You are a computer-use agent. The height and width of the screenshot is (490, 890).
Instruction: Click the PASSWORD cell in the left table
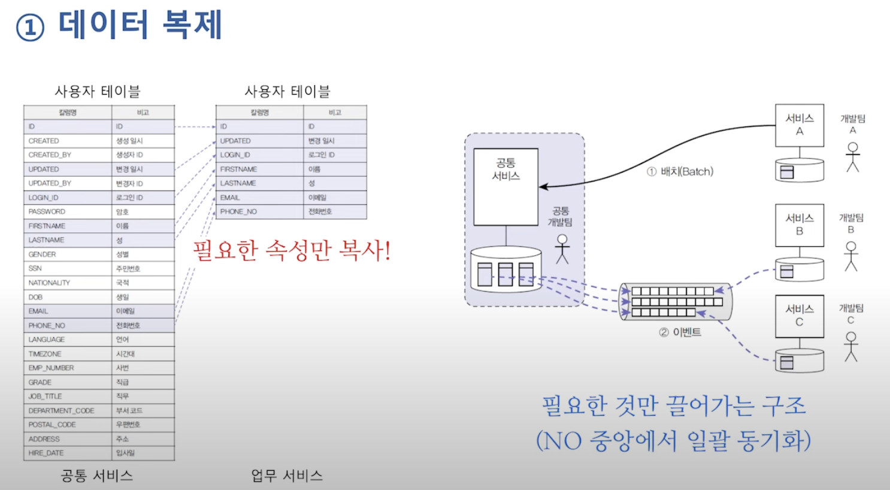pyautogui.click(x=47, y=211)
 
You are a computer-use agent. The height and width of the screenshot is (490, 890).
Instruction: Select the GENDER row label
pyautogui.click(x=42, y=255)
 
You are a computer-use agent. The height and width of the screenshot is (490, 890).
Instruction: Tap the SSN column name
pyautogui.click(x=35, y=268)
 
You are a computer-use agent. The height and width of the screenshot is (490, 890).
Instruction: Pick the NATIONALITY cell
pyautogui.click(x=49, y=283)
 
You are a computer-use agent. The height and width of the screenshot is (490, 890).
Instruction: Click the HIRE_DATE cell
pyautogui.click(x=46, y=453)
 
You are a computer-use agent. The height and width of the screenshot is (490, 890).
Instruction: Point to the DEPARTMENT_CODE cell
pyautogui.click(x=61, y=410)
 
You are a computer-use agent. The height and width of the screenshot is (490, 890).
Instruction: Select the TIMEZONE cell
pyautogui.click(x=45, y=354)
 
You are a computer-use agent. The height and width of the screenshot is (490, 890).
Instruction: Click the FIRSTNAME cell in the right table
pyautogui.click(x=238, y=170)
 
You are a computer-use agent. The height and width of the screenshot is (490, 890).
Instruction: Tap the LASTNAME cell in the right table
pyautogui.click(x=238, y=183)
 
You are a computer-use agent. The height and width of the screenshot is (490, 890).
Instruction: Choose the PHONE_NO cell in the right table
pyautogui.click(x=238, y=211)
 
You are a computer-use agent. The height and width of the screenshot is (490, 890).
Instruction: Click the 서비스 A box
pyautogui.click(x=800, y=125)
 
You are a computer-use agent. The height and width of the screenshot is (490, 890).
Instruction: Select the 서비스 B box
pyautogui.click(x=800, y=225)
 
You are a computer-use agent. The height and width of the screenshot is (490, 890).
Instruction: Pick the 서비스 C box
pyautogui.click(x=800, y=316)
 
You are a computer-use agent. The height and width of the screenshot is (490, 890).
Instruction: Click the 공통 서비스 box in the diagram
pyautogui.click(x=505, y=186)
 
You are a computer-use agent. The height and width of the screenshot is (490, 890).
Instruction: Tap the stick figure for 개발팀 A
pyautogui.click(x=853, y=157)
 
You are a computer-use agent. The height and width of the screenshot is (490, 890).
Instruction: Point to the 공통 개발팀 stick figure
pyautogui.click(x=562, y=249)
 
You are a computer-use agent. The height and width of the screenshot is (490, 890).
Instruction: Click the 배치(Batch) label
pyautogui.click(x=680, y=172)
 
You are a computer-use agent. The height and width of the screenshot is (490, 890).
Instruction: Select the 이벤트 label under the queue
pyautogui.click(x=680, y=332)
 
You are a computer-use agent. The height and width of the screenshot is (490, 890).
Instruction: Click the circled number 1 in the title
pyautogui.click(x=30, y=28)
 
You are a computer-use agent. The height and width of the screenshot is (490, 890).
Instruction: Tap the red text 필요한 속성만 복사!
pyautogui.click(x=292, y=250)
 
